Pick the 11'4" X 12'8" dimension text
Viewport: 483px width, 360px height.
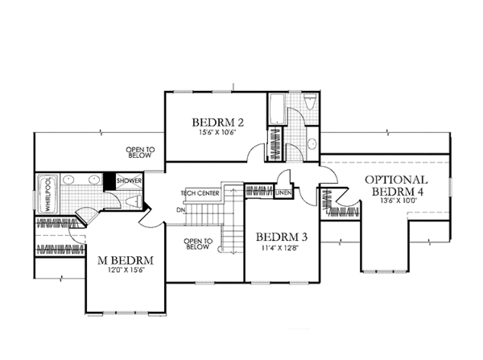click(279, 249)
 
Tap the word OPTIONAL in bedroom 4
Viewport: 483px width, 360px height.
click(395, 180)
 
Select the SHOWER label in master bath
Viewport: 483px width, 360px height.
click(130, 181)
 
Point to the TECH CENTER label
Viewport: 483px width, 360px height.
click(200, 194)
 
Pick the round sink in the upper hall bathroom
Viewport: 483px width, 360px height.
click(311, 143)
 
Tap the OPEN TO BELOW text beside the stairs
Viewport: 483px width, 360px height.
click(197, 244)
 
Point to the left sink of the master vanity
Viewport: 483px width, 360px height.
click(68, 180)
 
